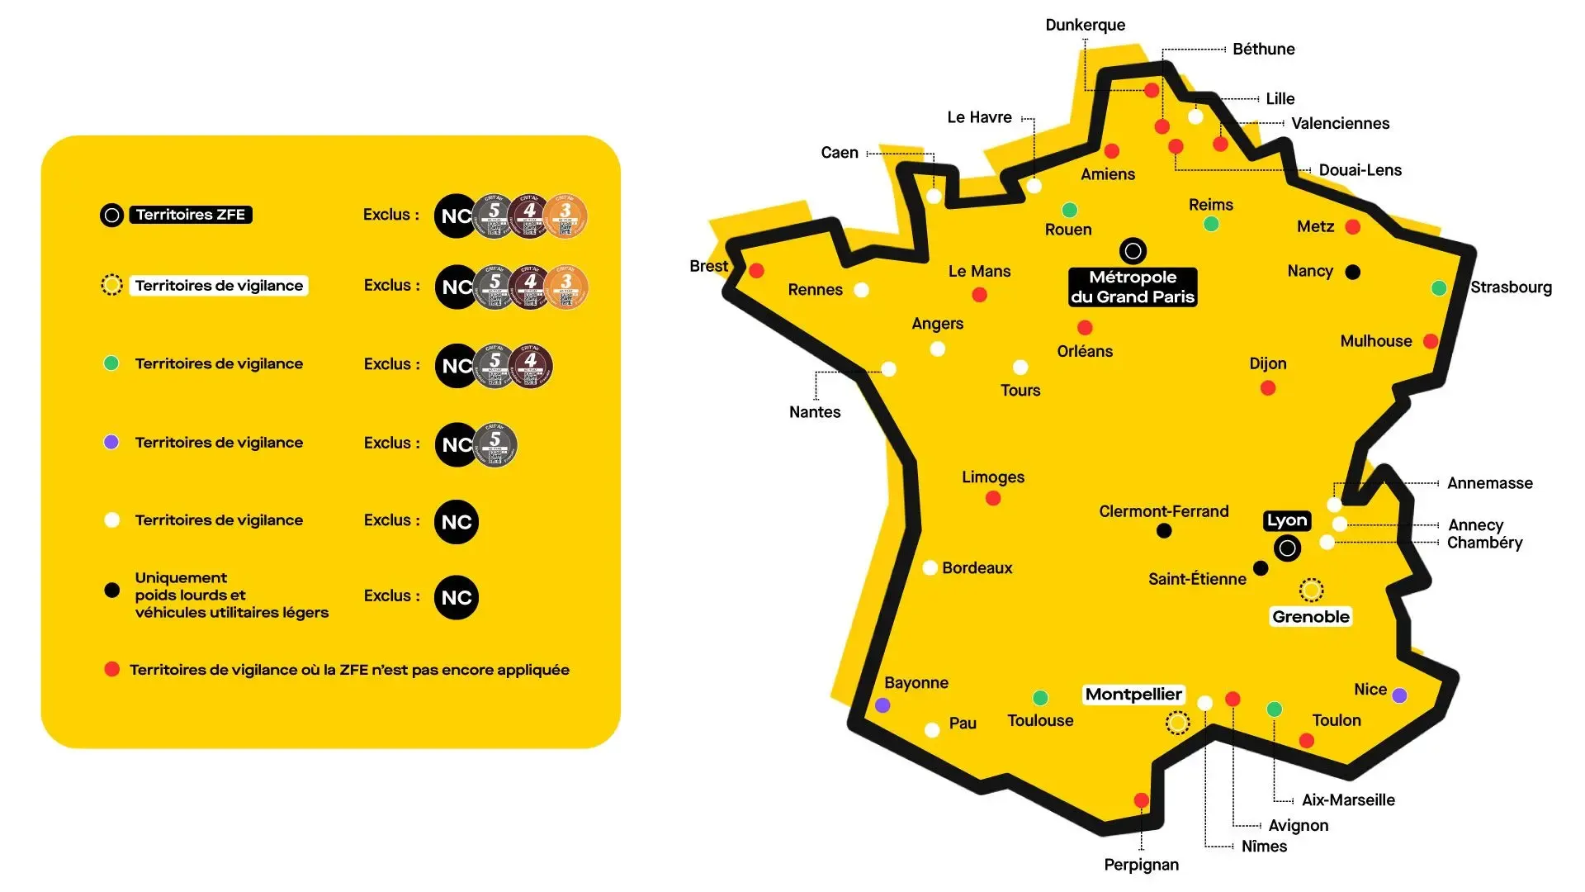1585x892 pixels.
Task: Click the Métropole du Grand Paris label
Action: click(x=1133, y=287)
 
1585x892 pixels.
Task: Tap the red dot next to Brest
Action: click(x=756, y=270)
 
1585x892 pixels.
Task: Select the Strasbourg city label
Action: click(x=1511, y=287)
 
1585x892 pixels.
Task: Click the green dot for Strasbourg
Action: click(x=1439, y=287)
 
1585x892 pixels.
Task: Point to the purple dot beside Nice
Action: click(x=1399, y=695)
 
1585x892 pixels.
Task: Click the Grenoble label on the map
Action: click(x=1310, y=617)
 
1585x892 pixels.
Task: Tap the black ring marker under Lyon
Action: click(x=1287, y=548)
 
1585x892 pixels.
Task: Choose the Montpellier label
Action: click(x=1133, y=695)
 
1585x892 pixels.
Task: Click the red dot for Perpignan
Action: click(x=1142, y=799)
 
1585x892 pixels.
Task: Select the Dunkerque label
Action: click(x=1085, y=25)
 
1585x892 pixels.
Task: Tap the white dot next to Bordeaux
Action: click(x=930, y=567)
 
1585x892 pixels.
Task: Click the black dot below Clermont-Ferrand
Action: click(x=1164, y=531)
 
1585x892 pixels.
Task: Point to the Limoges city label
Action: click(x=993, y=477)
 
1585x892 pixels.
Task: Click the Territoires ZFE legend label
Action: click(x=191, y=215)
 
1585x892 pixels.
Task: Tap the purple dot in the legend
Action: click(x=111, y=442)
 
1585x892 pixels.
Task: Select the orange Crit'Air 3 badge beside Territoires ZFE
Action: click(x=566, y=216)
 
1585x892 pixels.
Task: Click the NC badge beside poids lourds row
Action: click(x=457, y=597)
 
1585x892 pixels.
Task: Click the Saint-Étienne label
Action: click(x=1197, y=579)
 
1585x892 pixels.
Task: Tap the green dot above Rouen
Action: click(x=1070, y=210)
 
